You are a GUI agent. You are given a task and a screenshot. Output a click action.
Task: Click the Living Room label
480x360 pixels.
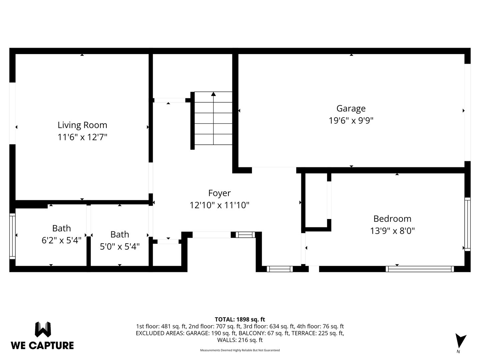coord(82,125)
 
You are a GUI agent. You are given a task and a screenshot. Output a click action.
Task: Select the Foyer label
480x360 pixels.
coord(219,193)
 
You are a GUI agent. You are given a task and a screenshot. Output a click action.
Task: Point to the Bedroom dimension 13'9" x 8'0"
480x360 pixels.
coord(392,231)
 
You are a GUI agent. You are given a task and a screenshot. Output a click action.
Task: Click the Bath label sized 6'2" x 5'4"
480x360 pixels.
coord(61,228)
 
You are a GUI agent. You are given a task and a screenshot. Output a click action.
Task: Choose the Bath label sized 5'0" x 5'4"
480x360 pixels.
coord(120,234)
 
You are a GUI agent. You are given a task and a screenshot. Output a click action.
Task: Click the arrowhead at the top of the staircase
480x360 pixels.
coord(213,94)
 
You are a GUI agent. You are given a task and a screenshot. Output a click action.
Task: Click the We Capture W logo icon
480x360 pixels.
coord(43,329)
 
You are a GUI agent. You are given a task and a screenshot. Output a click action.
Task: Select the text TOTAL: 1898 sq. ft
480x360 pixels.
coord(240,319)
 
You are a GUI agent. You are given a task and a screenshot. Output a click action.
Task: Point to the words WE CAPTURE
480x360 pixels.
coord(42,346)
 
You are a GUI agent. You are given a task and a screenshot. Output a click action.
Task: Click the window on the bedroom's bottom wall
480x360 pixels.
coord(420,269)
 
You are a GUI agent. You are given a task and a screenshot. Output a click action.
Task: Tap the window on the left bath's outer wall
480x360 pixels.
coord(12,236)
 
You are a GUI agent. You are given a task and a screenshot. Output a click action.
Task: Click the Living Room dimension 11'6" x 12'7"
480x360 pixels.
coord(82,137)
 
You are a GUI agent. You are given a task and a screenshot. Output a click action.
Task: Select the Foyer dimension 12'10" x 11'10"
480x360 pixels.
coord(219,205)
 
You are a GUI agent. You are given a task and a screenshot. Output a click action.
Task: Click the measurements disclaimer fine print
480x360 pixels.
coord(240,350)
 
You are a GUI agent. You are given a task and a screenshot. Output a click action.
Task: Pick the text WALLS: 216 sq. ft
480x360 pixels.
coord(240,340)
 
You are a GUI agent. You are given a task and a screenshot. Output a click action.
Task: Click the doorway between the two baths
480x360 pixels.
coord(89,221)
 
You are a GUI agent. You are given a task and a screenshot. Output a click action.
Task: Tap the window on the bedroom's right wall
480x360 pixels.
coord(467,224)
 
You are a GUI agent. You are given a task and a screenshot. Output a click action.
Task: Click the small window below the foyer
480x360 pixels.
coord(280,269)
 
